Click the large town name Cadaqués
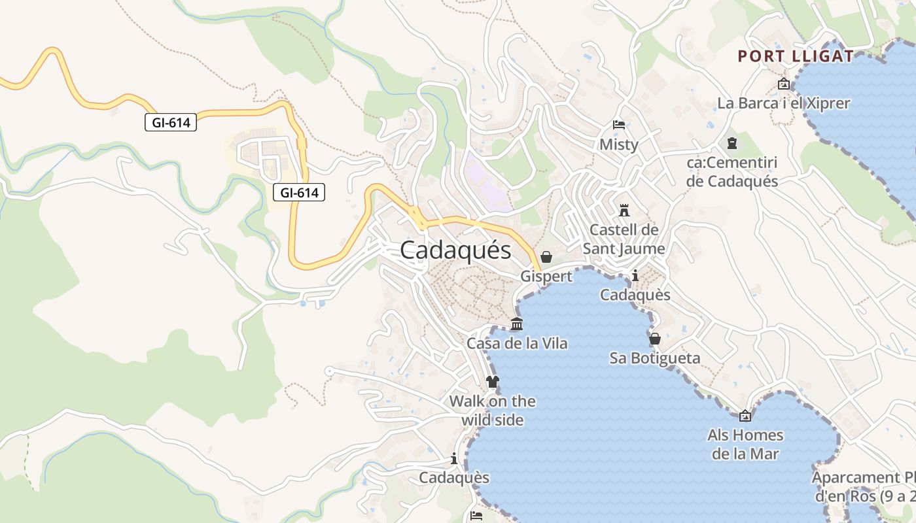[455, 250]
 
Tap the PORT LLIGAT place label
[796, 56]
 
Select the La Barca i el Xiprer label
[783, 103]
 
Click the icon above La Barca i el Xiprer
[783, 84]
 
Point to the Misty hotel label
[618, 144]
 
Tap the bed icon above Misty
[618, 124]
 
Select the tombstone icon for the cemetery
[731, 143]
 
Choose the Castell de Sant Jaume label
[624, 239]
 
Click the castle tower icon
[624, 211]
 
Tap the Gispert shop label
[546, 277]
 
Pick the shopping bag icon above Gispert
[546, 257]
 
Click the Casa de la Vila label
[516, 343]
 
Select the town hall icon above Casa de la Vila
[516, 324]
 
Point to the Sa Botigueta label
[654, 358]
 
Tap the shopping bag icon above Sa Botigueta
[654, 339]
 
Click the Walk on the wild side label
[492, 411]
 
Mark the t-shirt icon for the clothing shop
[492, 382]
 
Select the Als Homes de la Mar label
[745, 445]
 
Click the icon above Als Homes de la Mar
[745, 416]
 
